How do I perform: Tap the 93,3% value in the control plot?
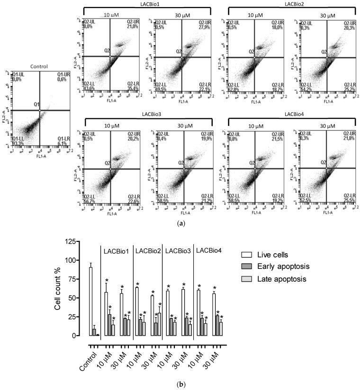coord(19,143)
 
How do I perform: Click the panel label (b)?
coord(180,385)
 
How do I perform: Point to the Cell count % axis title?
coord(58,290)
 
